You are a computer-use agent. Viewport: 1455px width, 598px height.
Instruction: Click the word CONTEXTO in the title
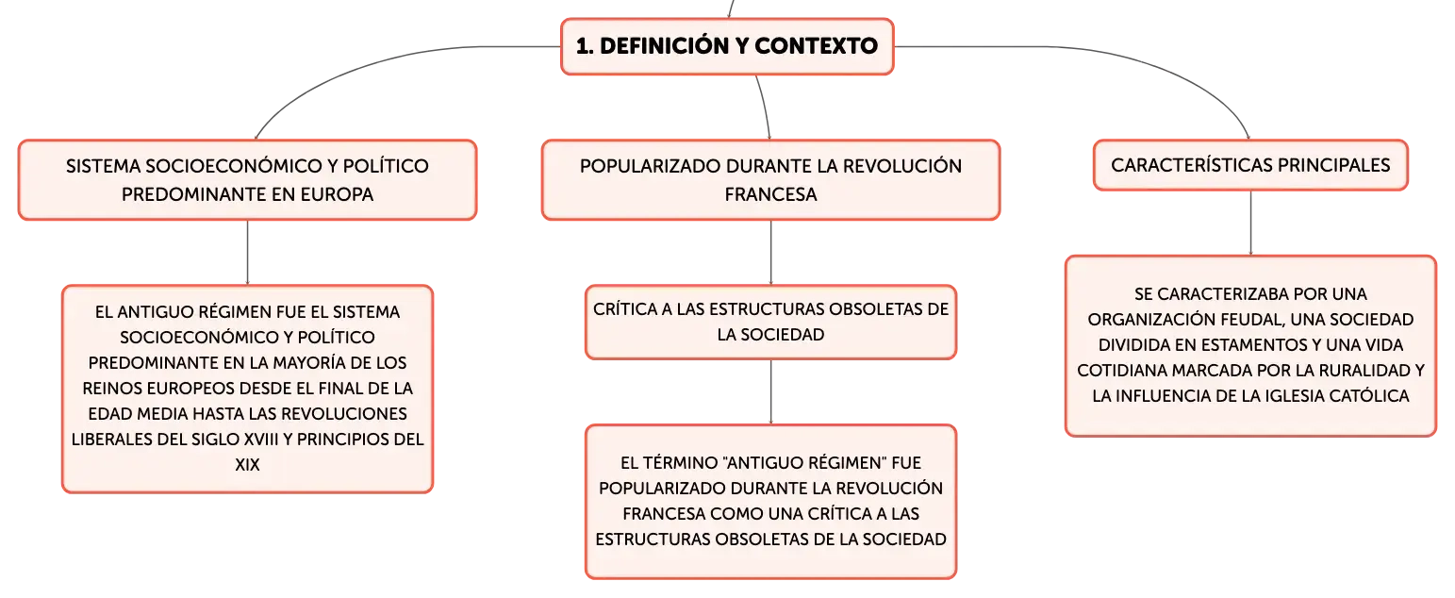pos(816,46)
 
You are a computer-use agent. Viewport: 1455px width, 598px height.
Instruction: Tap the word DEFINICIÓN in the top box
pos(665,46)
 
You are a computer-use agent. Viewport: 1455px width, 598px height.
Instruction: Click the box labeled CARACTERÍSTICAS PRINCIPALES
pos(1250,165)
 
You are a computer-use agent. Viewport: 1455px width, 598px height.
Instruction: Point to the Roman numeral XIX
pos(247,465)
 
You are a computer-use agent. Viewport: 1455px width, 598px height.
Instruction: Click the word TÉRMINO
pos(682,463)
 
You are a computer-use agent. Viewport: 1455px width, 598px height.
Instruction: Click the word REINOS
pos(111,389)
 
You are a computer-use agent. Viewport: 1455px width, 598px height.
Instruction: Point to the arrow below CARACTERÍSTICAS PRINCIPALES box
pos(1250,223)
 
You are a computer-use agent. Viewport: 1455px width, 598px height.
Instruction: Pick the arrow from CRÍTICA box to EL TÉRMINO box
pos(771,392)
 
